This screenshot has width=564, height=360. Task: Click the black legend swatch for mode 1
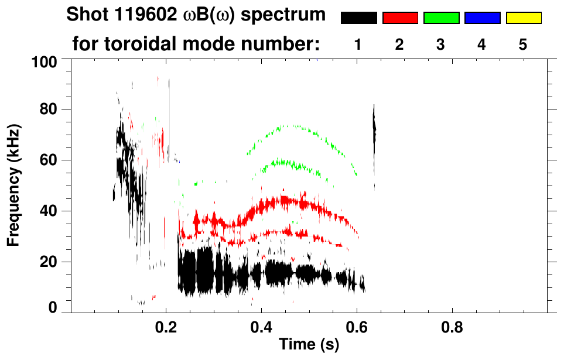click(358, 18)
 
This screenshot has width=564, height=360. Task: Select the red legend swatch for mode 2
click(400, 18)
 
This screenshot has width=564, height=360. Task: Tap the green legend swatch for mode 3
click(441, 18)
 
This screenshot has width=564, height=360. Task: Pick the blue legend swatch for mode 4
click(482, 18)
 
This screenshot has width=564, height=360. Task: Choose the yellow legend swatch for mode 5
click(524, 18)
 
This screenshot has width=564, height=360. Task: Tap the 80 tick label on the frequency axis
click(53, 109)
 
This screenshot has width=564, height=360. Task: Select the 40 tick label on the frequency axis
click(53, 211)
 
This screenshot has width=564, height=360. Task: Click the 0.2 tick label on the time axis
click(166, 328)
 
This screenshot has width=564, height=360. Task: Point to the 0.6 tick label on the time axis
click(357, 328)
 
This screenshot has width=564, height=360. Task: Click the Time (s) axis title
click(309, 345)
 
